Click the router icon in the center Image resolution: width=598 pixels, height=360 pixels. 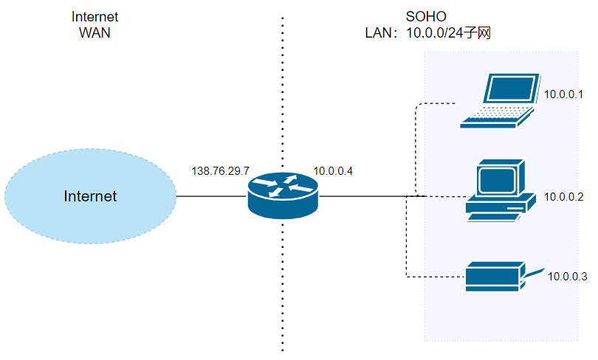[x=283, y=195]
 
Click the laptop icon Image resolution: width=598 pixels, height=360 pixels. [x=501, y=101]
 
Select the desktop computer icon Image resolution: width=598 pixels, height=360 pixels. [x=500, y=190]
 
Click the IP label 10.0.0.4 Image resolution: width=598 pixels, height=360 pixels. [x=333, y=171]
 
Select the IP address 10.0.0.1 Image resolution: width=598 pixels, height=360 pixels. [x=564, y=94]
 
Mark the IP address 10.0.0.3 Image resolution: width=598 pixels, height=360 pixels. [x=567, y=277]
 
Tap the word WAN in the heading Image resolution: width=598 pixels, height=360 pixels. [x=94, y=32]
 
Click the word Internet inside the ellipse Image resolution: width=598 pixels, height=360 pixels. [x=90, y=196]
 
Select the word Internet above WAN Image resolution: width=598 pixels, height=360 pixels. [x=94, y=17]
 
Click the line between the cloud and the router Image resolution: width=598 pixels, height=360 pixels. [x=211, y=196]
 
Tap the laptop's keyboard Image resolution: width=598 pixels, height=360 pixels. [x=495, y=115]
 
